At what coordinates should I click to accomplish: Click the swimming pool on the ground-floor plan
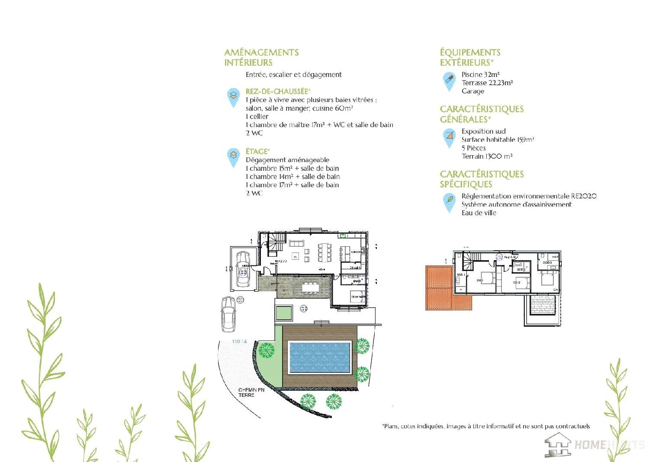[320, 357]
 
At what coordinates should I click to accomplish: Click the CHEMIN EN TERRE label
[251, 392]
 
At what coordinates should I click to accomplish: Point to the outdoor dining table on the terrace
[310, 287]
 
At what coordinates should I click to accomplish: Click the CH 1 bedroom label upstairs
[479, 280]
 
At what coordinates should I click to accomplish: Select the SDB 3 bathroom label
[547, 262]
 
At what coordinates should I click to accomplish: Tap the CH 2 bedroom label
[517, 283]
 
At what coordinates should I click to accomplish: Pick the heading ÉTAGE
[257, 151]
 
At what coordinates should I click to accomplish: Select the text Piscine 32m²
[480, 74]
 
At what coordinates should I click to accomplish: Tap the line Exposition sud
[483, 131]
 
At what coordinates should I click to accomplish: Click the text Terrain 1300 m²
[487, 156]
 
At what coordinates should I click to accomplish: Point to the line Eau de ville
[479, 213]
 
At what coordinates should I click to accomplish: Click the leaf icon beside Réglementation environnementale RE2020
[450, 200]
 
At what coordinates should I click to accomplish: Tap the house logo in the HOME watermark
[558, 444]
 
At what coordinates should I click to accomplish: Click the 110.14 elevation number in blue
[239, 341]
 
